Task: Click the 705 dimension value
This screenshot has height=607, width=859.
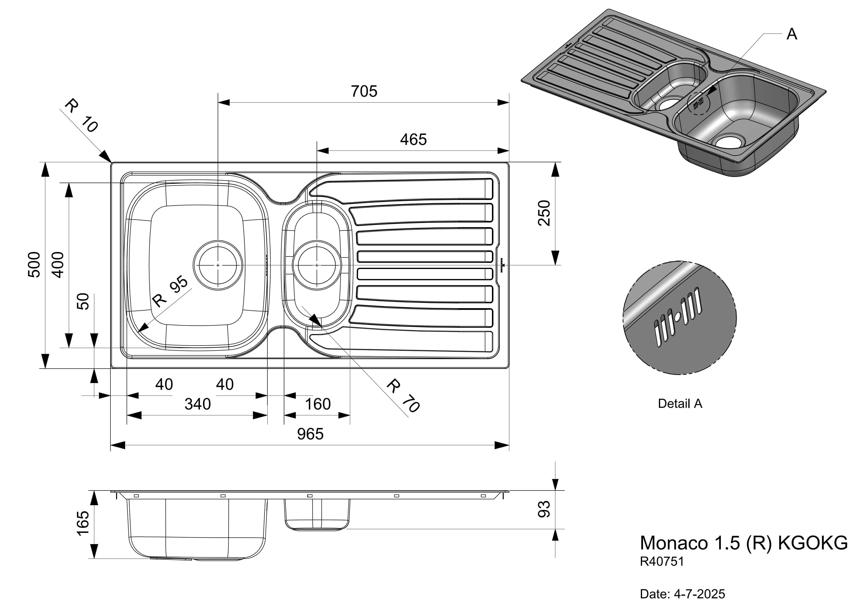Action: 364,91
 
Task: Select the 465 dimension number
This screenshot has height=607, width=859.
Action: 413,140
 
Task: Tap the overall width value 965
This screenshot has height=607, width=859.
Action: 310,434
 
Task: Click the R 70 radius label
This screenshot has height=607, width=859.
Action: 403,395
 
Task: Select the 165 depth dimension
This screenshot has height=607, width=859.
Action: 83,524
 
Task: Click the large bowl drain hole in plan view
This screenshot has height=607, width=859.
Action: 218,265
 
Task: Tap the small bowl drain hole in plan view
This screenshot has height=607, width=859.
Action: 317,265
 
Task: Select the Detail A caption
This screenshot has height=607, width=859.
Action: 680,404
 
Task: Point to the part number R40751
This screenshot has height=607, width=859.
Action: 662,562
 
